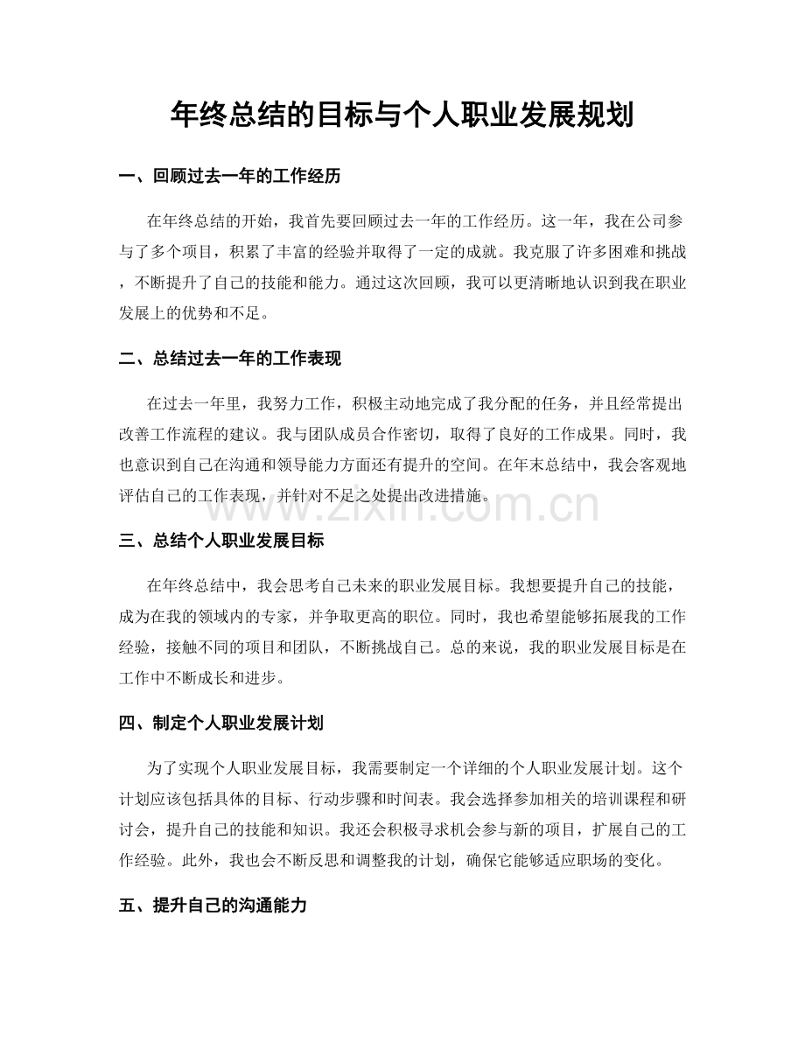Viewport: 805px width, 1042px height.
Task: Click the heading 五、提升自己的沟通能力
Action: tap(212, 906)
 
